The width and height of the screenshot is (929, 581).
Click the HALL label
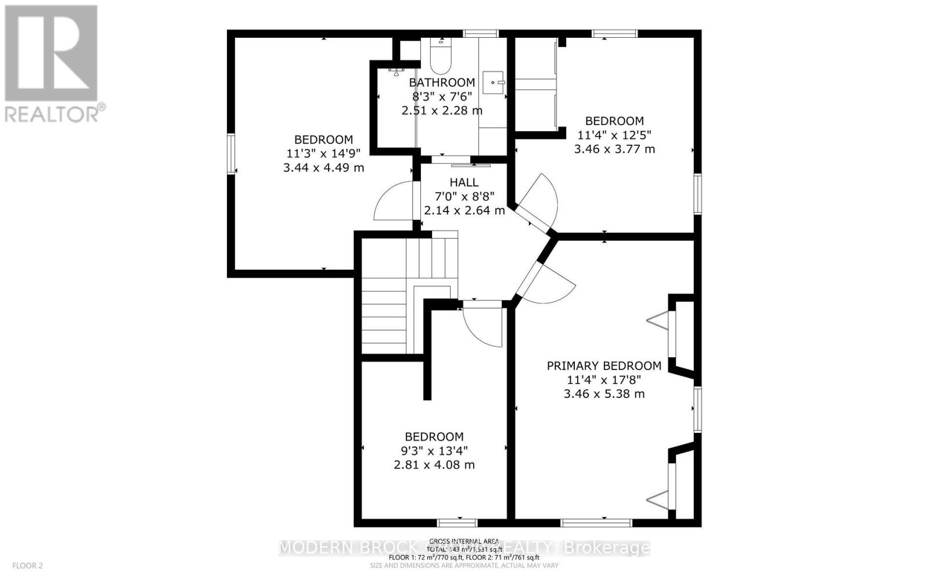click(464, 182)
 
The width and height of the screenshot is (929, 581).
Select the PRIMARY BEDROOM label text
click(604, 365)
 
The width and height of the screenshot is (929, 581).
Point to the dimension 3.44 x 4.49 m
click(323, 167)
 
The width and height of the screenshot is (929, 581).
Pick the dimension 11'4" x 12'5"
click(614, 135)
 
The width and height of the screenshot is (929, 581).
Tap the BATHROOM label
click(441, 83)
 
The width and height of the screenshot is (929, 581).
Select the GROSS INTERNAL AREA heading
click(464, 541)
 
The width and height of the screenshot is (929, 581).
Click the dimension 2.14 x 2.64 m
click(464, 210)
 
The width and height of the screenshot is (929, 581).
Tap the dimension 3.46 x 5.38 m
click(604, 393)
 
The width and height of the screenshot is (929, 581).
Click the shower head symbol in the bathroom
click(397, 71)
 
